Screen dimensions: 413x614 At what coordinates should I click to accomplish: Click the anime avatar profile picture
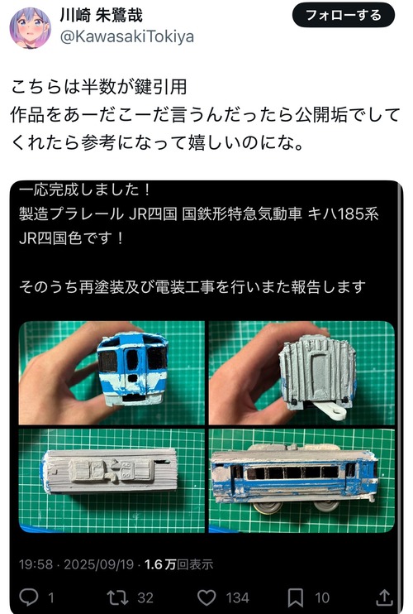click(x=30, y=28)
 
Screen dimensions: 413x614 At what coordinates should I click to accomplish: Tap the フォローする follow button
click(x=343, y=15)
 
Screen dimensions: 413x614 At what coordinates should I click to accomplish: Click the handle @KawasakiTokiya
click(x=127, y=36)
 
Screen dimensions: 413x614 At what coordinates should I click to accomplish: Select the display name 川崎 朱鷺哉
click(x=102, y=15)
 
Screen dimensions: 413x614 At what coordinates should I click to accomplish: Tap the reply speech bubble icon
click(x=29, y=597)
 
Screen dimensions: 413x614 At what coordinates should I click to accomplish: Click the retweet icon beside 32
click(x=117, y=597)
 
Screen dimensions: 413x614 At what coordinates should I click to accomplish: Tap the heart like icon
click(x=206, y=597)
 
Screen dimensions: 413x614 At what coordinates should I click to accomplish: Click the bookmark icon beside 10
click(x=296, y=597)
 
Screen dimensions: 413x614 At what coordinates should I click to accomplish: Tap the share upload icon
click(x=384, y=597)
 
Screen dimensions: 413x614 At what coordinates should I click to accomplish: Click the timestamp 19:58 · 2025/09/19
click(x=77, y=564)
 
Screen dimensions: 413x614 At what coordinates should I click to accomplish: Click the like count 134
click(x=238, y=598)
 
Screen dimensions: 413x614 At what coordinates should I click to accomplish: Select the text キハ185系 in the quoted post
click(x=343, y=213)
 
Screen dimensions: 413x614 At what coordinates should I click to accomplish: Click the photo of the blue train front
click(x=112, y=372)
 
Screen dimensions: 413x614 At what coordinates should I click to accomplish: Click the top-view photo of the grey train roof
click(x=112, y=481)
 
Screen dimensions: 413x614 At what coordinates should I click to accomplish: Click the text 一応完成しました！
click(x=84, y=189)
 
